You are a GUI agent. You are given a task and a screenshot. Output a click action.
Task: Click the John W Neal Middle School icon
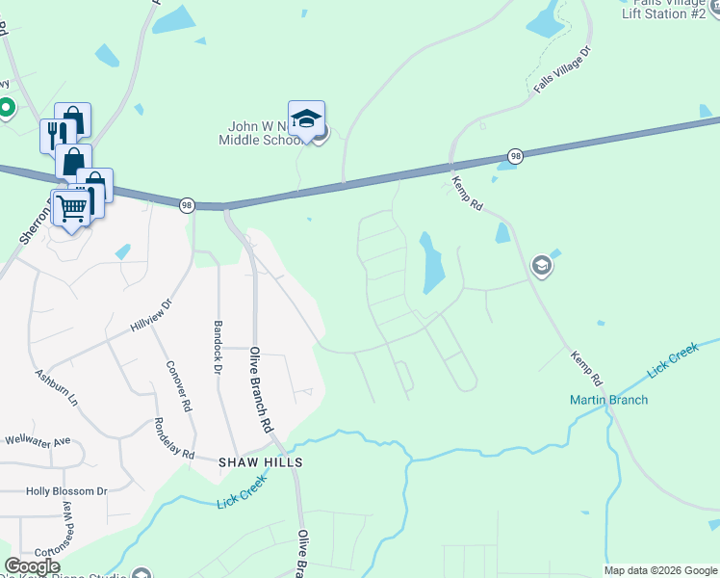pyautogui.click(x=306, y=120)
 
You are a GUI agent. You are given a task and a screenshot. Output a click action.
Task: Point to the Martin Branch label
pyautogui.click(x=609, y=400)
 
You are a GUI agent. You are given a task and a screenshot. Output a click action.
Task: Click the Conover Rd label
pyautogui.click(x=180, y=386)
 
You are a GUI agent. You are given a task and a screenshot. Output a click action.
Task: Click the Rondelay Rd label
pyautogui.click(x=175, y=438)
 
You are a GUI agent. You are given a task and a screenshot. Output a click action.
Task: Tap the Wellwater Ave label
pyautogui.click(x=37, y=441)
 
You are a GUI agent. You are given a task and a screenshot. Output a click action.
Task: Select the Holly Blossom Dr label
pyautogui.click(x=66, y=491)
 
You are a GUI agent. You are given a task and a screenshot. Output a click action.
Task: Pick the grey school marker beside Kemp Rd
pyautogui.click(x=542, y=265)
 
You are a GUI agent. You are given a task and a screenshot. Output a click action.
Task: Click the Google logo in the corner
pyautogui.click(x=32, y=566)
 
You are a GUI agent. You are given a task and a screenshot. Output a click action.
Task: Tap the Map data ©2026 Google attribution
pyautogui.click(x=659, y=570)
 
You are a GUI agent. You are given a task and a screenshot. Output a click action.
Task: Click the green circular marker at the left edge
pyautogui.click(x=6, y=107)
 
